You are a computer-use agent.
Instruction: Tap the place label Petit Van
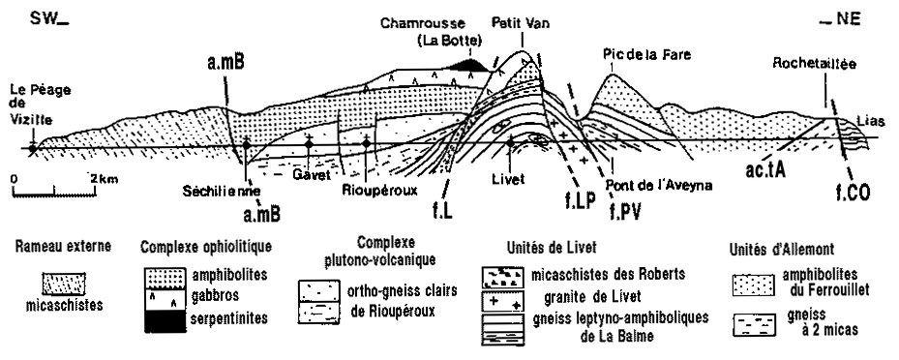(520, 24)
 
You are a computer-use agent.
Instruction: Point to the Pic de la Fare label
(646, 55)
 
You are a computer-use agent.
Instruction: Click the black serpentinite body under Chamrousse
(469, 65)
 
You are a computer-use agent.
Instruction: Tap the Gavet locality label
(312, 174)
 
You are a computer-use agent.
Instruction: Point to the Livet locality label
(508, 179)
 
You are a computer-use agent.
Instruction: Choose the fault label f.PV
(625, 212)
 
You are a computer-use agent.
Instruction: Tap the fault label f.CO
(854, 193)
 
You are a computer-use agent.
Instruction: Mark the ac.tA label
(764, 169)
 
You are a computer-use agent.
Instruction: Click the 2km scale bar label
(104, 179)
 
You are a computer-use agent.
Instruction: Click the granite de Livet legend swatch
(503, 301)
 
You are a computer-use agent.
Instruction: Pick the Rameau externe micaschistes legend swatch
(64, 284)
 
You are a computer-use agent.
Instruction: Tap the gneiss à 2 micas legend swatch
(754, 325)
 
